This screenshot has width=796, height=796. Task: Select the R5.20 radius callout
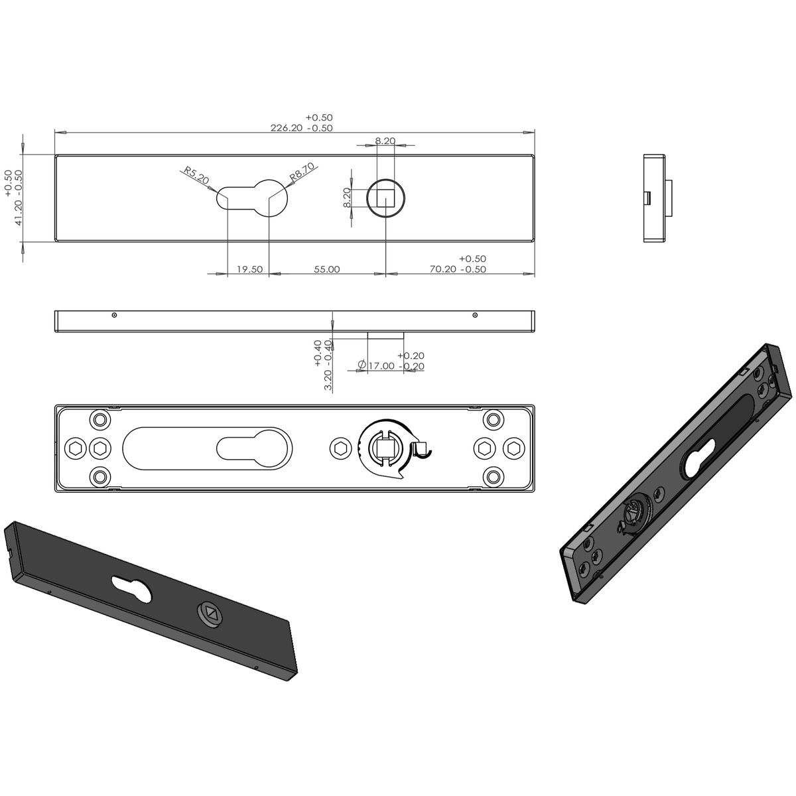coord(196,176)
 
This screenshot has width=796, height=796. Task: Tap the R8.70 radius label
coord(302,172)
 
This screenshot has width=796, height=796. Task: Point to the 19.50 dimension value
coord(249,269)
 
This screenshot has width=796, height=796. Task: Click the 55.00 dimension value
coord(327,269)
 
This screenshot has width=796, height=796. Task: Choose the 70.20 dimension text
coord(443,269)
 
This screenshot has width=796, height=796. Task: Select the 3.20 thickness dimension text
coord(328,380)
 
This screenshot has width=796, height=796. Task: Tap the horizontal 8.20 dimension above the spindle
coord(385,141)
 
